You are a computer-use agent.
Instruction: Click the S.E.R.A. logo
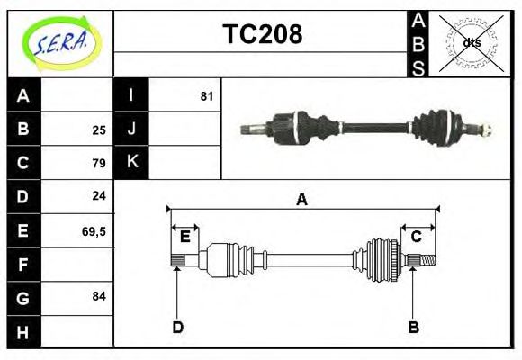[60, 42]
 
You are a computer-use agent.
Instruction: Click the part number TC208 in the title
[262, 34]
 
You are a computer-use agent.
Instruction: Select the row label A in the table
[23, 95]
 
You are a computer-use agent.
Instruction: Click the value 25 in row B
[99, 130]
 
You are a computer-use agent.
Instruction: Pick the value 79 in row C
[99, 163]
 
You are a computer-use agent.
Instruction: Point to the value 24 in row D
[99, 196]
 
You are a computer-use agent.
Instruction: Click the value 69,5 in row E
[94, 230]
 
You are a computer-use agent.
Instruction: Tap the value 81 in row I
[206, 95]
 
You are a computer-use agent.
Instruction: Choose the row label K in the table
[131, 162]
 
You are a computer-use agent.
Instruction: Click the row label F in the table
[23, 265]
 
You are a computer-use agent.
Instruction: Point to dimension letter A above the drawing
[301, 200]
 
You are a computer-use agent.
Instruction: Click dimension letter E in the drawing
[184, 236]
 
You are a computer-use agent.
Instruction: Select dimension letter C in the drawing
[417, 236]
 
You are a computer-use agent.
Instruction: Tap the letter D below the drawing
[178, 327]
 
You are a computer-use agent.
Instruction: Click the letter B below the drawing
[413, 327]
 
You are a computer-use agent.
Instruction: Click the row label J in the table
[131, 129]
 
